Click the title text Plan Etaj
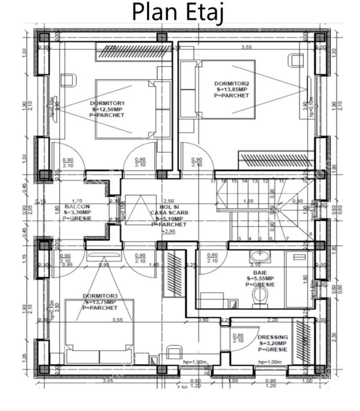(x=178, y=12)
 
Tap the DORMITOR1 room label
(x=107, y=103)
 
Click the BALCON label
(x=74, y=206)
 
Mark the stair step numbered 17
(x=213, y=181)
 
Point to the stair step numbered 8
(x=311, y=235)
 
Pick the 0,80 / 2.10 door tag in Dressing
(x=238, y=337)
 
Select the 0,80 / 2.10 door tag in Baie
(x=212, y=258)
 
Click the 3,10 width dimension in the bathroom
(x=254, y=264)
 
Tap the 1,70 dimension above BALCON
(x=77, y=201)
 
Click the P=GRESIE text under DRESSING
(x=273, y=349)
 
